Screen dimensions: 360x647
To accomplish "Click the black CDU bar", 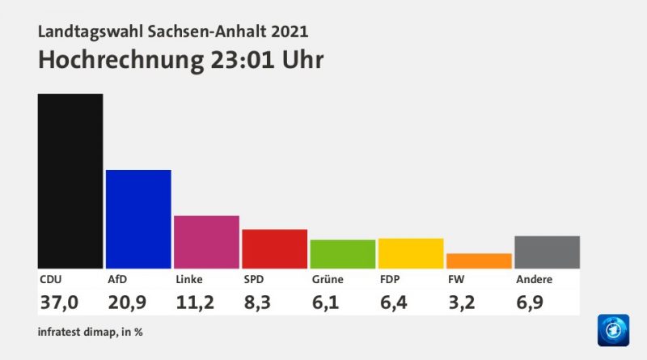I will point(70,180).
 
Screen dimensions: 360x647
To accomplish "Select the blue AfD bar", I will point(138,218).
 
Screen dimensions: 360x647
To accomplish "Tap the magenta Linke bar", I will point(206,241).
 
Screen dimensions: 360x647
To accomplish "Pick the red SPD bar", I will point(274,248).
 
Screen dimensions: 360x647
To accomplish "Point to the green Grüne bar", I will point(342,253).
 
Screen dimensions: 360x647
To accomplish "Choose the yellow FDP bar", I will point(411,252).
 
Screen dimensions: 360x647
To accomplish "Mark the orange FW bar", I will point(479,260).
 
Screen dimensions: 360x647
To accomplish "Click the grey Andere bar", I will point(547,252).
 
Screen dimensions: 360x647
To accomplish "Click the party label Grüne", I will point(328,280).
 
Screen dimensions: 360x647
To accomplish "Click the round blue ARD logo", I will point(612,329).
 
